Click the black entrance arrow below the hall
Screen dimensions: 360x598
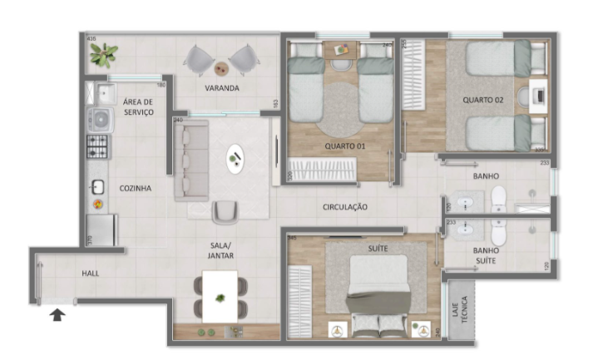pos(57,314)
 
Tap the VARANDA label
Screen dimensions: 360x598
pos(222,87)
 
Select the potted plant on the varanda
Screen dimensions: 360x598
pos(104,55)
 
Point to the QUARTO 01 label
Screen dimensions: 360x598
pos(345,145)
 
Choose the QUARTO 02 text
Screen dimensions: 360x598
pos(484,100)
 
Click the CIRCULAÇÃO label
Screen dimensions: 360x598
pos(345,206)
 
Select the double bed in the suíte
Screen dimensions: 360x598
pos(377,291)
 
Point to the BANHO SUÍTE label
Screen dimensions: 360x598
pos(487,256)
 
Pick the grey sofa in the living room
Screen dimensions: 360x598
pos(191,158)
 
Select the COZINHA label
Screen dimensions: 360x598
pos(135,188)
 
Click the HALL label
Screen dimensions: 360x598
pos(91,273)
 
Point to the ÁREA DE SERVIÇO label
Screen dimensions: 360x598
pos(138,106)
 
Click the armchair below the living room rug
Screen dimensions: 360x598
pos(225,212)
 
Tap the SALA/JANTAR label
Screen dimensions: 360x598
pos(221,250)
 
